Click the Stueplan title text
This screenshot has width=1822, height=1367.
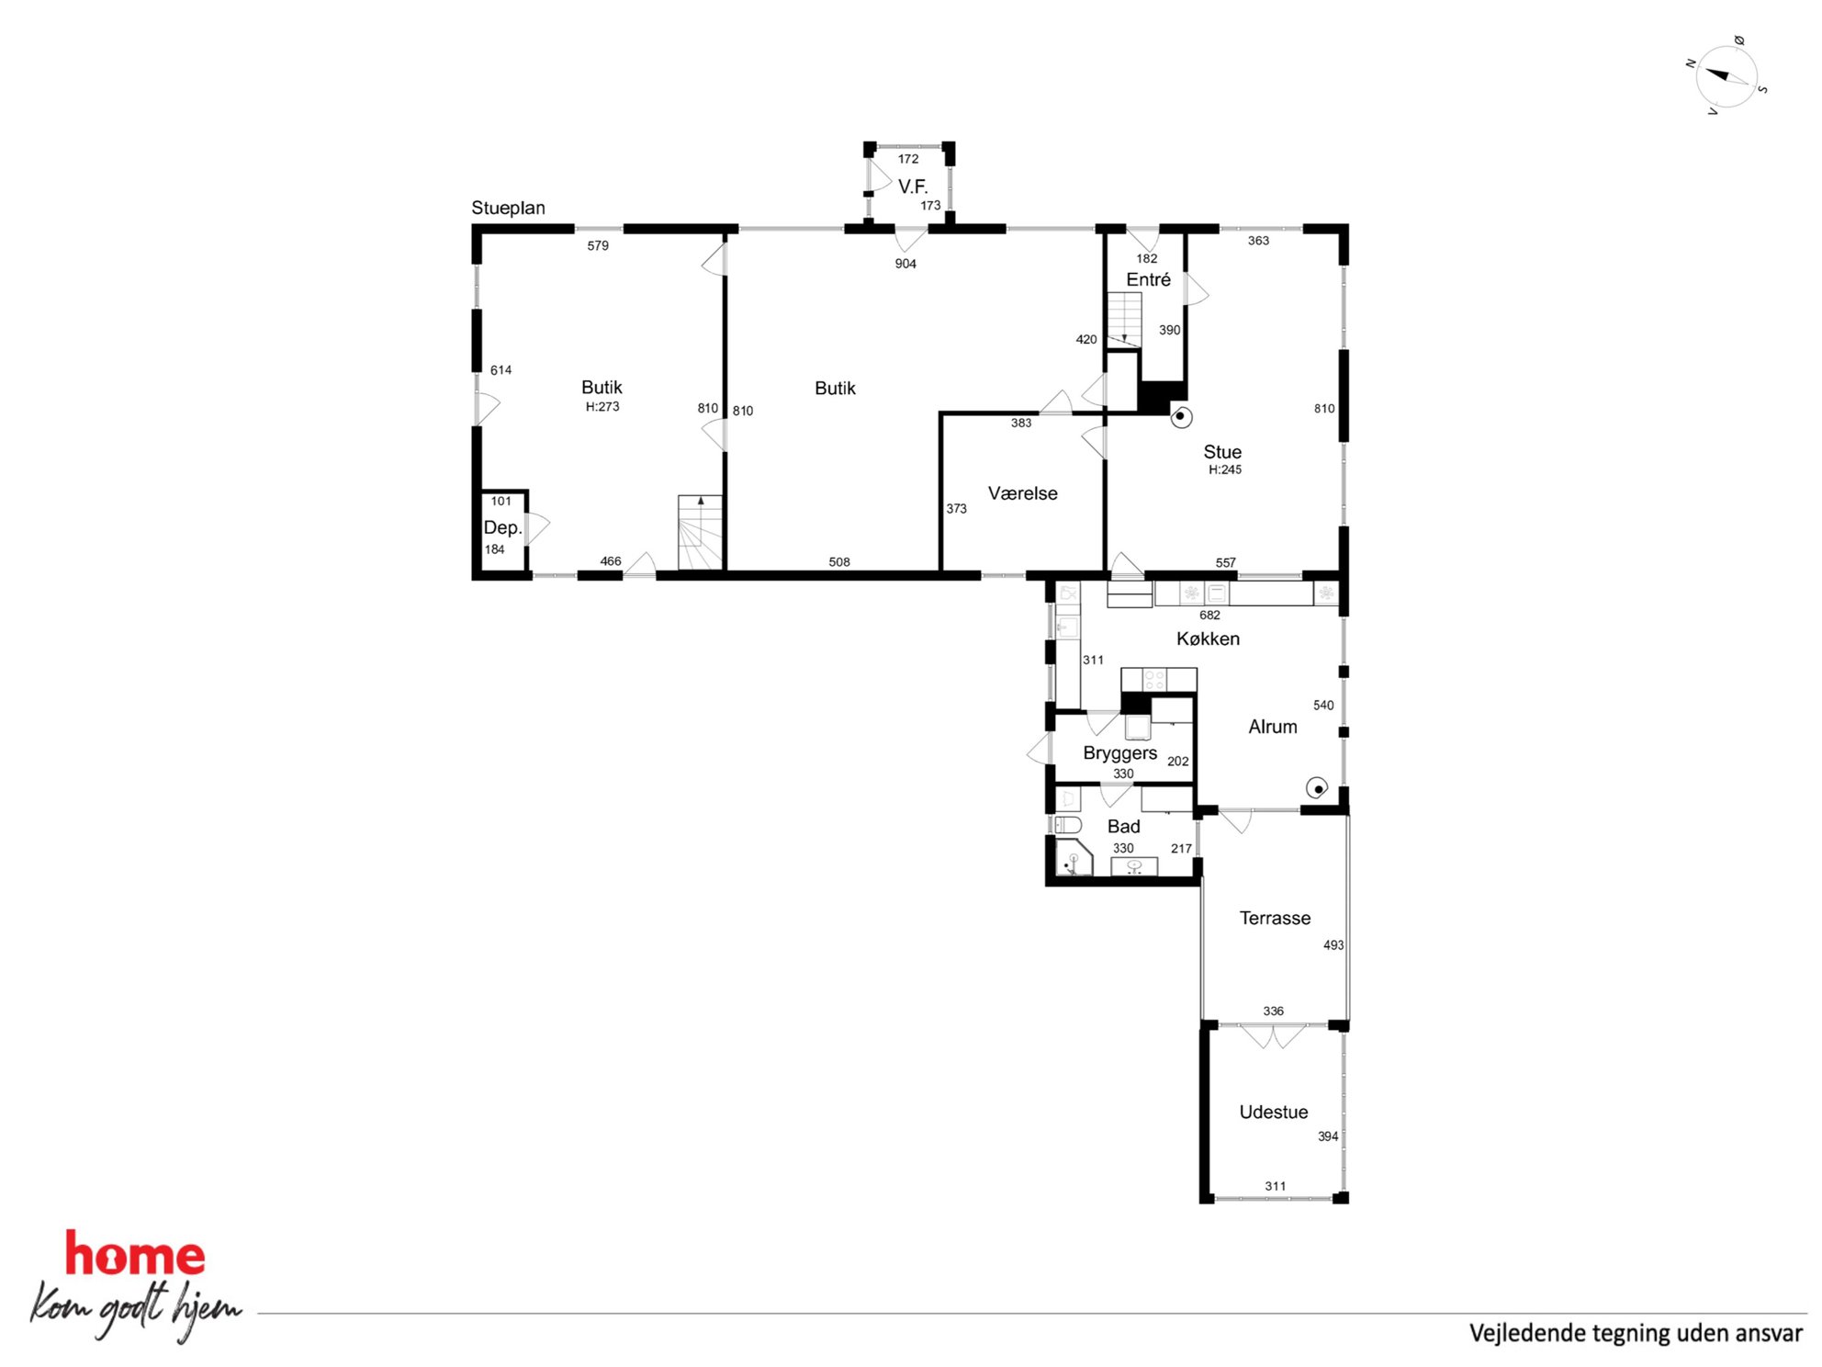coord(508,208)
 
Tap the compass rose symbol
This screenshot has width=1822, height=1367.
coord(1726,77)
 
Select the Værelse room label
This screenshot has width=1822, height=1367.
coord(1022,493)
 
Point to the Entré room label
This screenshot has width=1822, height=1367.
coord(1148,279)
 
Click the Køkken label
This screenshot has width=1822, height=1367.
coord(1208,638)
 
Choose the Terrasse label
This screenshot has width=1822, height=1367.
coord(1275,918)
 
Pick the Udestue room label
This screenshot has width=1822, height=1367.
coord(1273,1112)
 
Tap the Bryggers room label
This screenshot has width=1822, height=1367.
coord(1119,753)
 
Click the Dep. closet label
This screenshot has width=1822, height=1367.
coord(502,527)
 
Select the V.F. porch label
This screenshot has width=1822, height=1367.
coord(913,186)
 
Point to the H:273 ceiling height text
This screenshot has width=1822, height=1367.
coord(602,406)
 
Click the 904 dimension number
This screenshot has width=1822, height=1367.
coord(905,264)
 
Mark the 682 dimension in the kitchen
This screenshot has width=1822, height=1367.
coord(1209,616)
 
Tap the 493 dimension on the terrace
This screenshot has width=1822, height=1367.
coord(1333,944)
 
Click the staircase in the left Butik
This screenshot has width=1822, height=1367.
coord(700,532)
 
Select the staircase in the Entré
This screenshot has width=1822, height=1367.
coord(1123,319)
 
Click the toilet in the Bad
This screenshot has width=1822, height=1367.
coord(1067,824)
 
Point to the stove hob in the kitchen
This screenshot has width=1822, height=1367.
coord(1154,680)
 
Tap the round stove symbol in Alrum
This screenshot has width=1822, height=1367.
coord(1317,788)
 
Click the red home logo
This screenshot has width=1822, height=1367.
coord(135,1254)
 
